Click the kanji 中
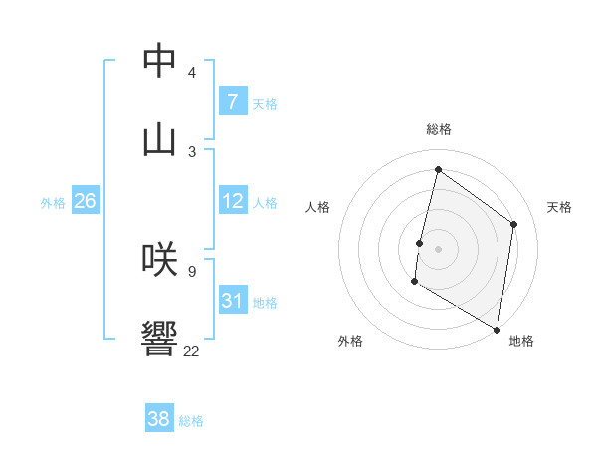click(159, 62)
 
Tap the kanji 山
click(159, 139)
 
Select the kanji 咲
click(159, 259)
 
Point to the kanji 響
click(159, 340)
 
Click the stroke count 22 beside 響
click(191, 351)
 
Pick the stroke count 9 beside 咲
click(191, 270)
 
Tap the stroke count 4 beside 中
click(191, 73)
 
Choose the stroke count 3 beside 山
click(191, 151)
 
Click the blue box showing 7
click(232, 102)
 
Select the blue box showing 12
click(232, 201)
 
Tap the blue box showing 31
click(232, 300)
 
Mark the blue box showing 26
click(86, 201)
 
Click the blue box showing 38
click(159, 419)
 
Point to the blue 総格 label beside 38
click(191, 421)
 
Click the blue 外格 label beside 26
click(53, 203)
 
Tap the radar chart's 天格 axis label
click(559, 207)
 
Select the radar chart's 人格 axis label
click(317, 207)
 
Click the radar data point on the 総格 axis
click(438, 169)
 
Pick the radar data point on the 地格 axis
click(497, 329)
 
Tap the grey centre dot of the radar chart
click(438, 248)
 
